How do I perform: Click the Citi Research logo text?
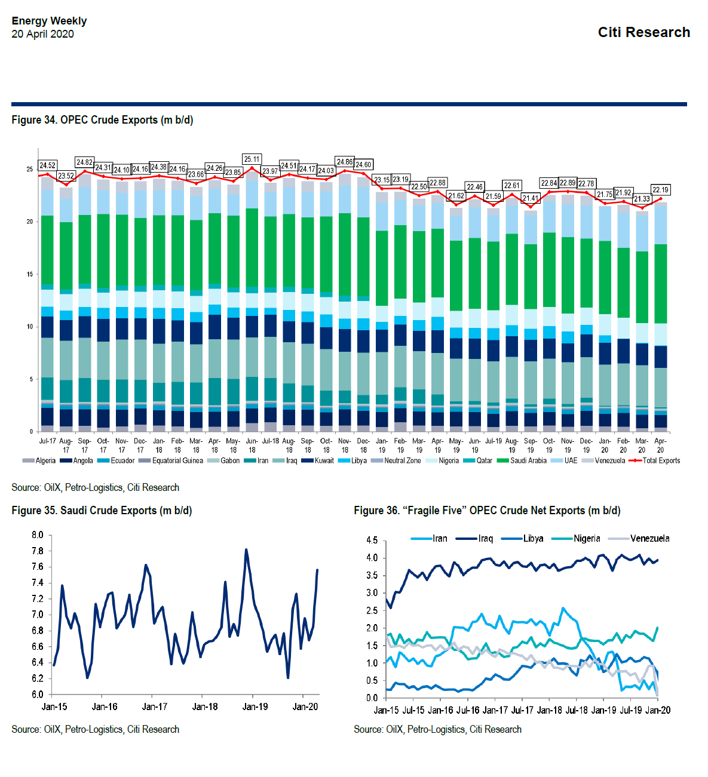point(643,32)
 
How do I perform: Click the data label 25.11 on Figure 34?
point(252,159)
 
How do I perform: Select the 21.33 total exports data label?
point(642,199)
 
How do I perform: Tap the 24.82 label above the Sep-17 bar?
point(84,162)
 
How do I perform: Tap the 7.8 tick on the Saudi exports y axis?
point(38,551)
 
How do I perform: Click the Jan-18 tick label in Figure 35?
point(204,707)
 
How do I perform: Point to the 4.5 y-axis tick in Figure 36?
point(372,540)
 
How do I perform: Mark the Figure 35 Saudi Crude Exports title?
point(102,511)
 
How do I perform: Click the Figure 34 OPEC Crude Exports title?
point(102,120)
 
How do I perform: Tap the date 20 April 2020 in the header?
point(42,34)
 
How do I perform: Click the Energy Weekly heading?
point(49,21)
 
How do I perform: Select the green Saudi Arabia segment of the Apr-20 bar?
point(660,284)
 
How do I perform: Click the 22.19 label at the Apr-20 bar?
point(660,190)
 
